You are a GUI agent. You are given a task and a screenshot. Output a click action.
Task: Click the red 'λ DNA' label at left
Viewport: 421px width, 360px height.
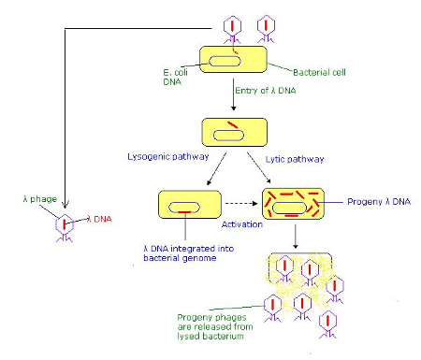pos(100,219)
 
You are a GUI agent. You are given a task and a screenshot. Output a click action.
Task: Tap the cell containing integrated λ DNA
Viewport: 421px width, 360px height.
pos(190,205)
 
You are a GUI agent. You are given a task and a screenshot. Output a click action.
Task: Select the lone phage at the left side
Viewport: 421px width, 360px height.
pos(62,224)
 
